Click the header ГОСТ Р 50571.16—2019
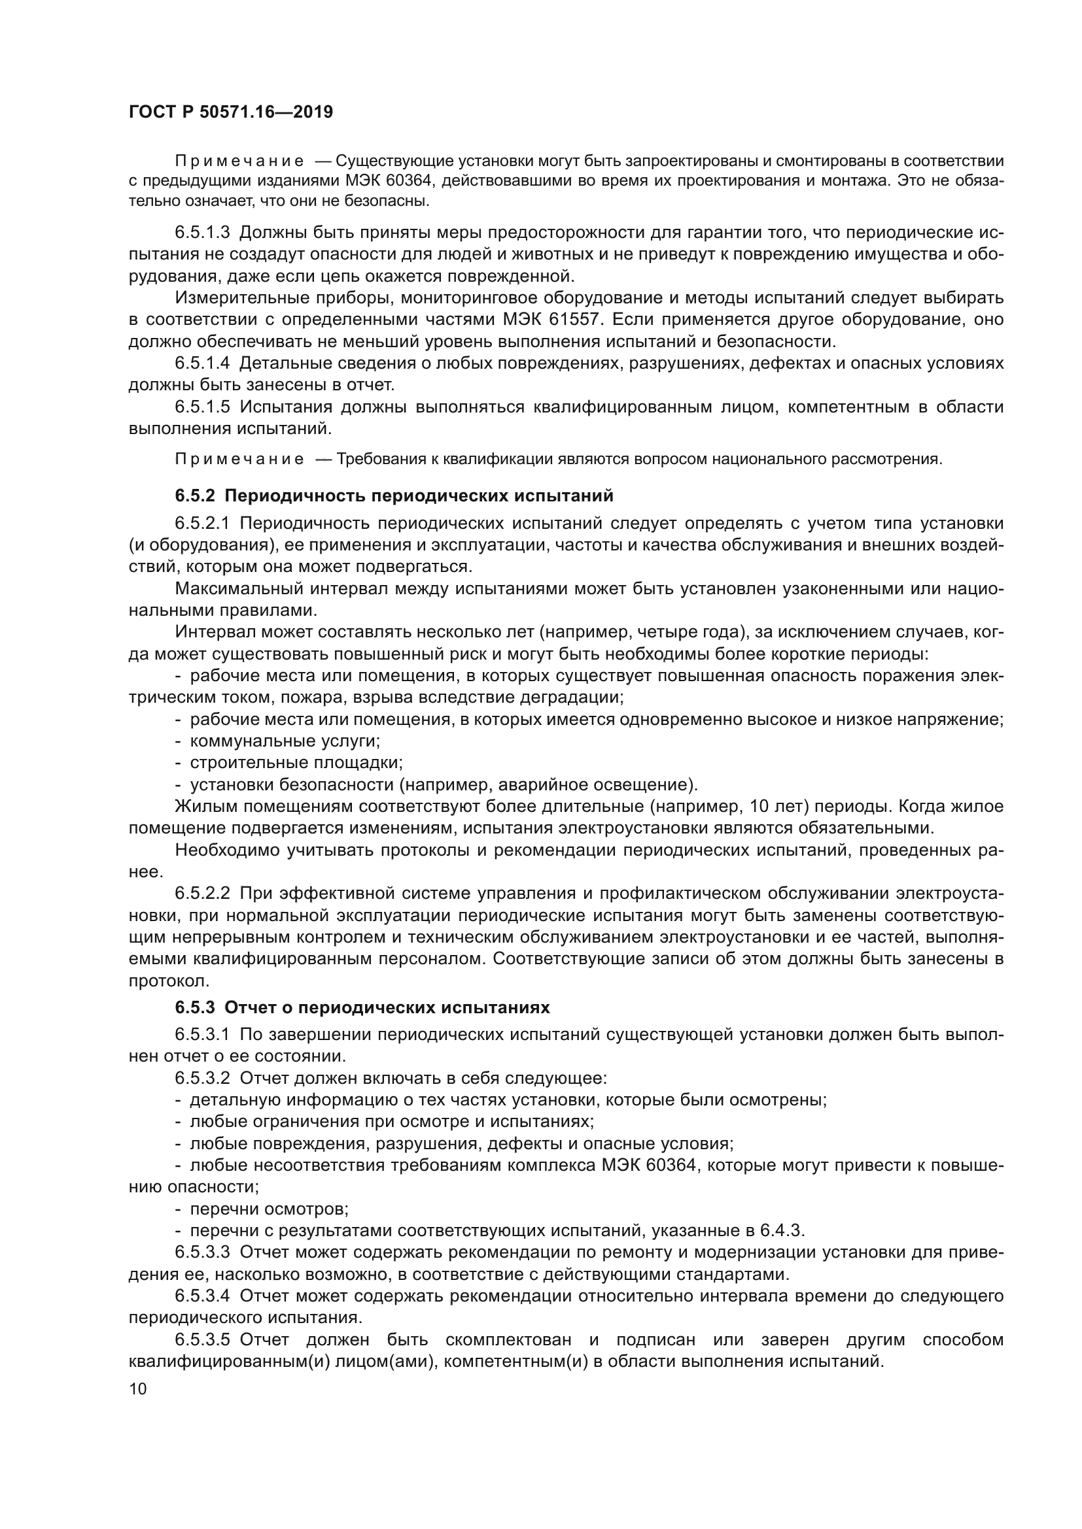point(230,112)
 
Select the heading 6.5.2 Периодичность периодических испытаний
point(394,496)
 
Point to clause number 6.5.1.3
point(202,233)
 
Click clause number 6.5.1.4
point(202,363)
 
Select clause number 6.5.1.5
point(202,406)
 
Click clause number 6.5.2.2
point(202,892)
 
